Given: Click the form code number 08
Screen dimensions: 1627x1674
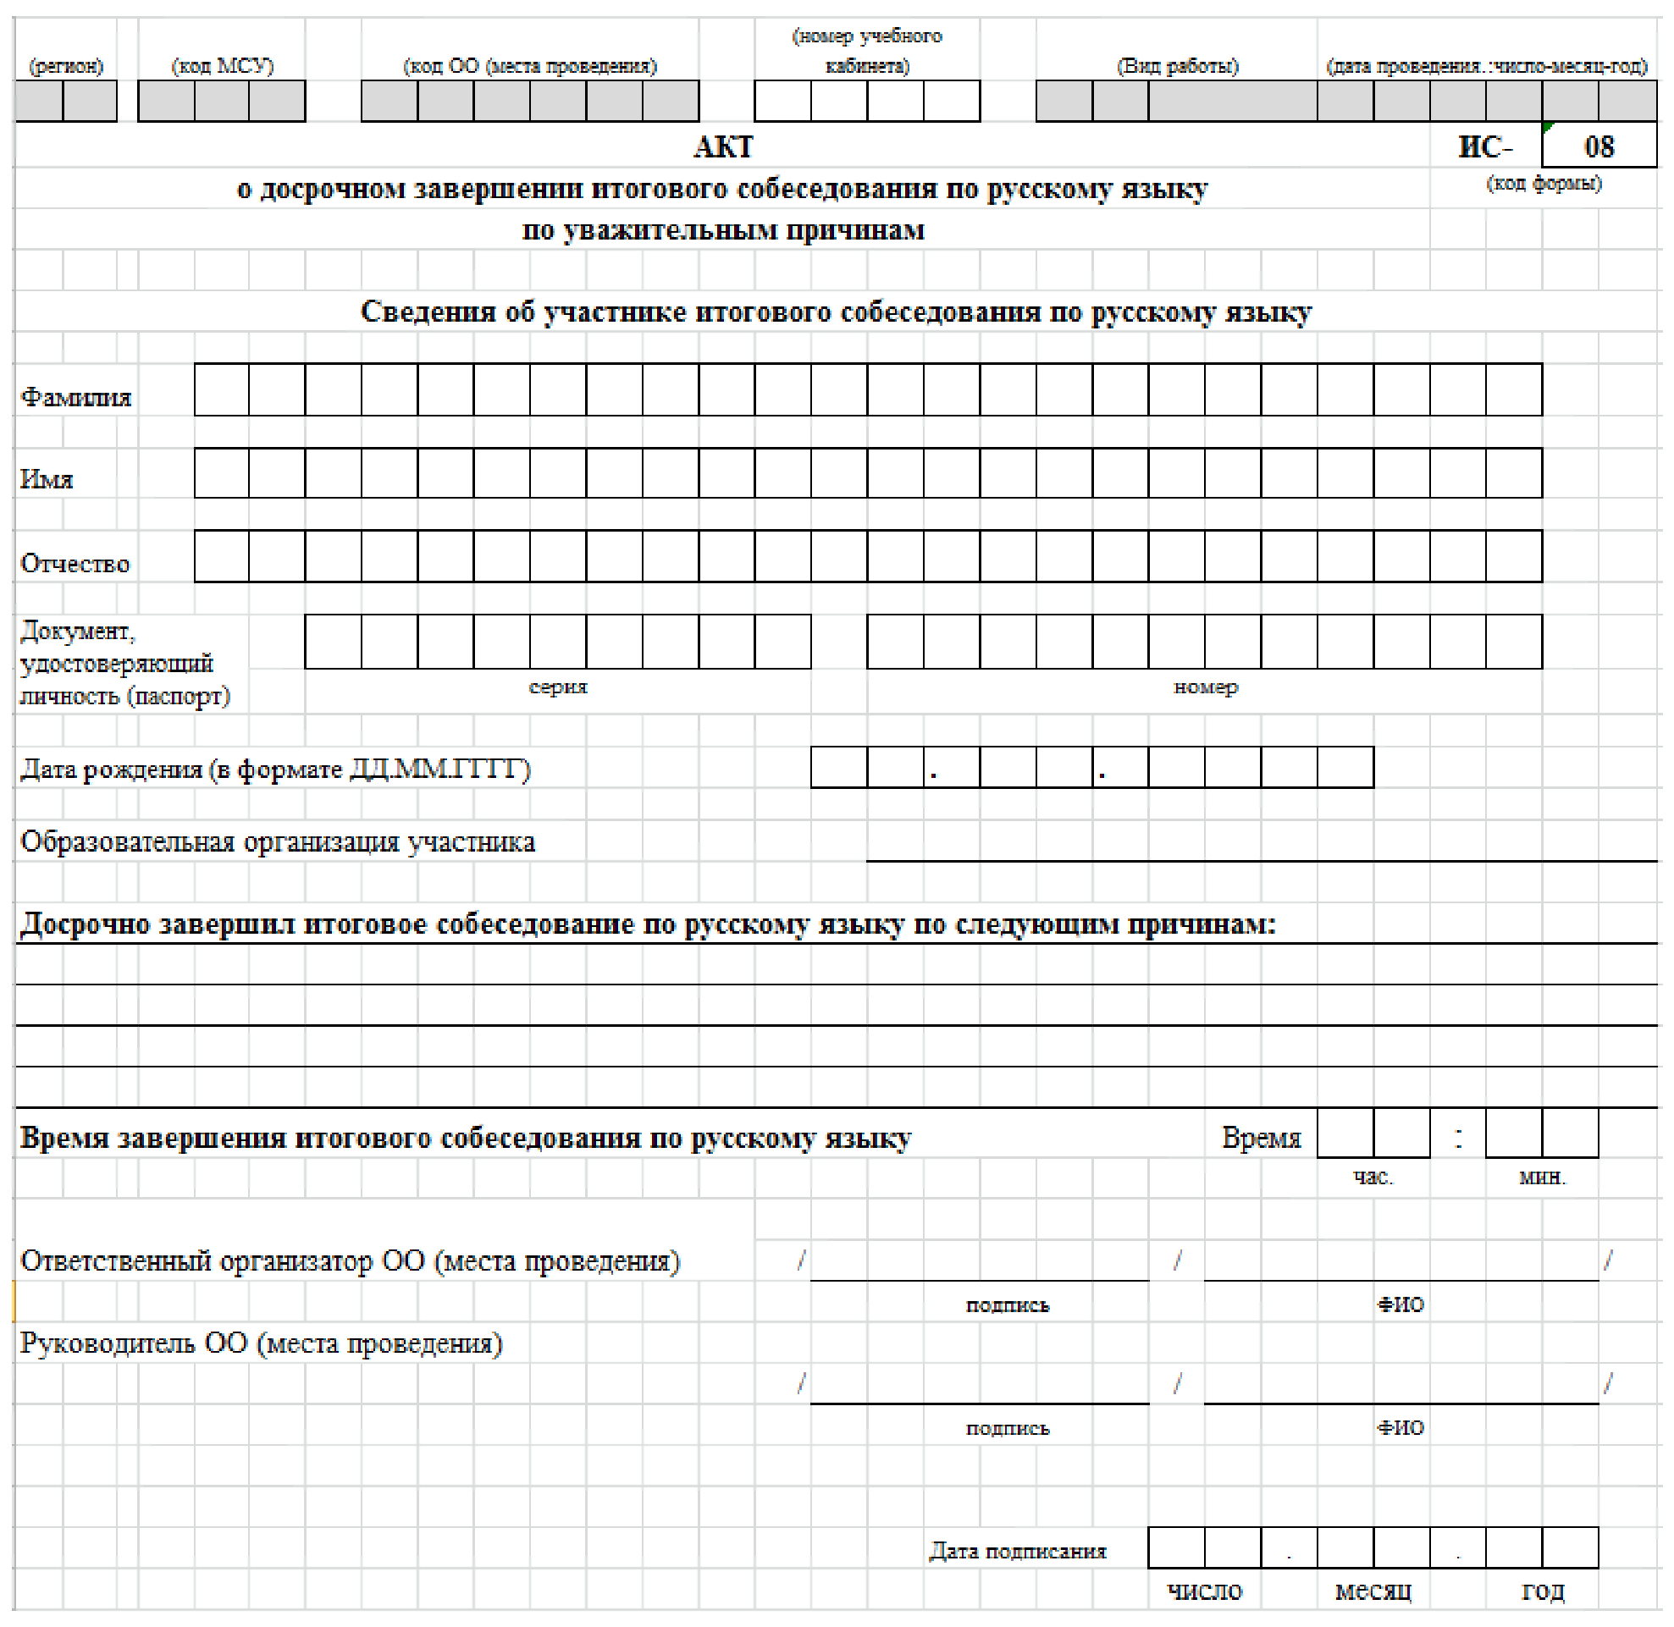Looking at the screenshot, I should click(1598, 147).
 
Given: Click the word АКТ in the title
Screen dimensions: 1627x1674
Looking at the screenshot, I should click(722, 147).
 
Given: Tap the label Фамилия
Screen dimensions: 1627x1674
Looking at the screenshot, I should click(75, 397).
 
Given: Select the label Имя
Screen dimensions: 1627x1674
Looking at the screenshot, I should click(47, 479).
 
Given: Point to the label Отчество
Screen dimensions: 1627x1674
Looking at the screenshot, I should click(75, 564).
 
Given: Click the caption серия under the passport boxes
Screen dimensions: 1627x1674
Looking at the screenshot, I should click(557, 687).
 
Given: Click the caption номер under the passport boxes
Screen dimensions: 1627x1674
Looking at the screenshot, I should click(1205, 687).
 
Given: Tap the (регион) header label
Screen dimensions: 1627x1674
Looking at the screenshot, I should click(66, 66).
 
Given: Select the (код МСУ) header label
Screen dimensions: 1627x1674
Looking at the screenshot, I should click(223, 66).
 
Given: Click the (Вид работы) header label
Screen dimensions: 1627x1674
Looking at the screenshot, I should click(1177, 66).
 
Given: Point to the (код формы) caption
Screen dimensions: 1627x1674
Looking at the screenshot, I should click(1544, 183).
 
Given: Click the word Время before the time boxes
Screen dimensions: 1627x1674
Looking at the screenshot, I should click(1260, 1139).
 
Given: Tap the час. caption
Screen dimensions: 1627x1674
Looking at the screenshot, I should click(1373, 1178).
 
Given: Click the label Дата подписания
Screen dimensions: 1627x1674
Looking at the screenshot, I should click(1018, 1551).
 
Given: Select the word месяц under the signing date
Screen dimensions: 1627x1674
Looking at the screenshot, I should click(1373, 1591).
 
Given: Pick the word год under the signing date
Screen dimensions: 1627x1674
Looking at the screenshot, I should click(1543, 1591).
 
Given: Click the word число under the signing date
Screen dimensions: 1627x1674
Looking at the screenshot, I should click(1204, 1591).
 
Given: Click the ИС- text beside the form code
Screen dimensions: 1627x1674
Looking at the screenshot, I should click(1485, 147).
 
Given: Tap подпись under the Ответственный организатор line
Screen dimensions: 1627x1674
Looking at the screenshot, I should click(1007, 1304).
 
